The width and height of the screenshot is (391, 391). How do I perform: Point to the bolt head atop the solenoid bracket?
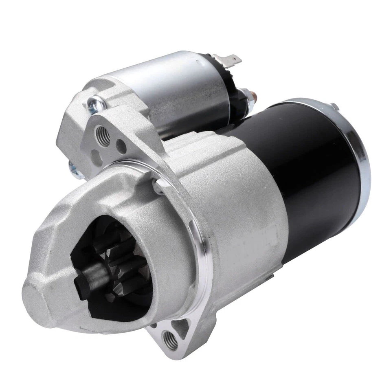tap(95, 102)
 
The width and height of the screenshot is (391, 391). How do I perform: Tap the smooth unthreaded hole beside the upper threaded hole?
tap(121, 144)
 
